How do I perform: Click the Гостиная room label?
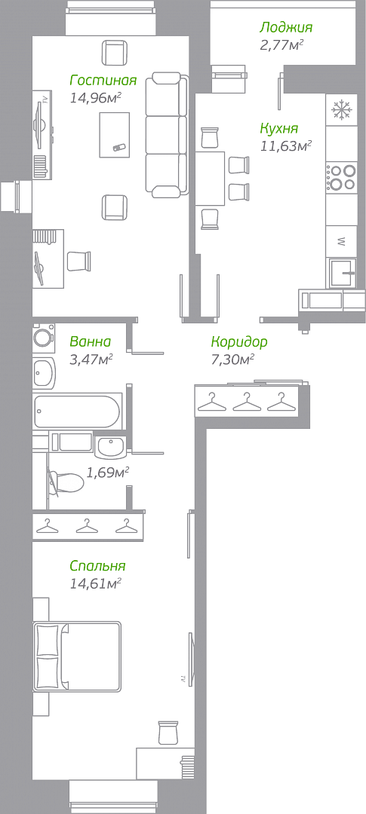[103, 81]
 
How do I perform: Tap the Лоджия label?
[286, 27]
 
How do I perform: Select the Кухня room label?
[279, 128]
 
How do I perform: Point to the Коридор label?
[239, 341]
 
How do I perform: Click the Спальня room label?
[98, 565]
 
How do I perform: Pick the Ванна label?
[90, 341]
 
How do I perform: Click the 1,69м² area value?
[107, 473]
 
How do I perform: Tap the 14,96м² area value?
[96, 97]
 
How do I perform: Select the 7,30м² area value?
[232, 359]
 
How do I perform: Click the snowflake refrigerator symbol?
[342, 109]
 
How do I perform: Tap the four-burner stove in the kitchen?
[342, 177]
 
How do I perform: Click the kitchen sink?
[342, 273]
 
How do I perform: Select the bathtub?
[78, 412]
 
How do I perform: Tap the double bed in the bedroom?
[78, 656]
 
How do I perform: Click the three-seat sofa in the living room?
[166, 135]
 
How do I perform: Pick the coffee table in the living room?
[115, 134]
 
